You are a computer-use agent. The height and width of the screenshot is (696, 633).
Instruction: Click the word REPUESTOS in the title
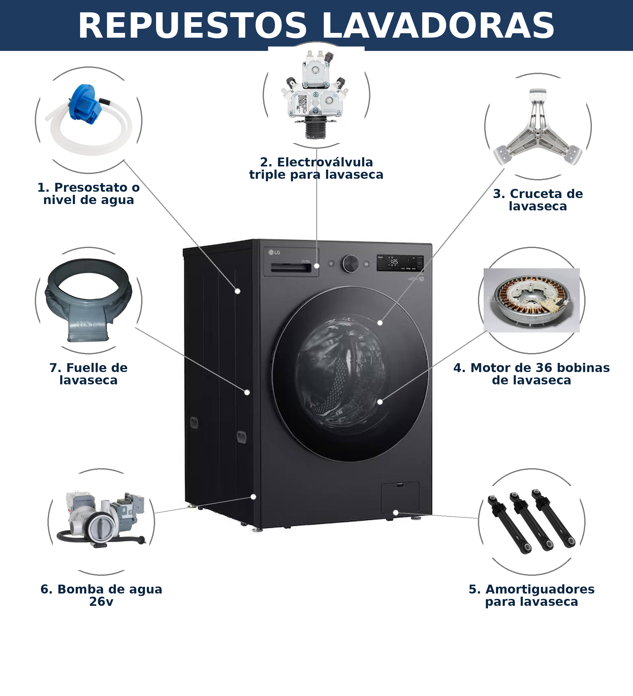192,26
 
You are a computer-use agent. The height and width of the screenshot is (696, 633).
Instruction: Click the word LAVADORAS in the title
438,26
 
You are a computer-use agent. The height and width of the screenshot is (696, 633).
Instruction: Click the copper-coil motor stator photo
531,300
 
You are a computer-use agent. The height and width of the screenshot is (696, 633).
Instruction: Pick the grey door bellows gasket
88,300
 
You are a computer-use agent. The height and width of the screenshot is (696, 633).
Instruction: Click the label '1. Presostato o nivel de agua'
88,194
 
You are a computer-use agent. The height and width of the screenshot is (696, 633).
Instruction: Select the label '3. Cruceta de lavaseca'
538,200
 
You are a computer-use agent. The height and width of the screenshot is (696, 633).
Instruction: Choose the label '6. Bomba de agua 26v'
101,595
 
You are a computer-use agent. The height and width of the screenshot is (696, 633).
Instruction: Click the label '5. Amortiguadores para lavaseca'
531,595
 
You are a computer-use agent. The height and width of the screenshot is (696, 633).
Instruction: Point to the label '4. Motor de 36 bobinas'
531,368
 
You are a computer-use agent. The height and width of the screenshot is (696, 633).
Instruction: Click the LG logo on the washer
274,252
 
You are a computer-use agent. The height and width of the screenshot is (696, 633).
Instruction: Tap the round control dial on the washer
350,264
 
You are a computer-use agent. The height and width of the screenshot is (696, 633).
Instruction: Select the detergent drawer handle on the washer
291,268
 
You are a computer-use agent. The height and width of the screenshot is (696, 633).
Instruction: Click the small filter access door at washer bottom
400,497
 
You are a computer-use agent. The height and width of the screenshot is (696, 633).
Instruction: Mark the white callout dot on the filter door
396,513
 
